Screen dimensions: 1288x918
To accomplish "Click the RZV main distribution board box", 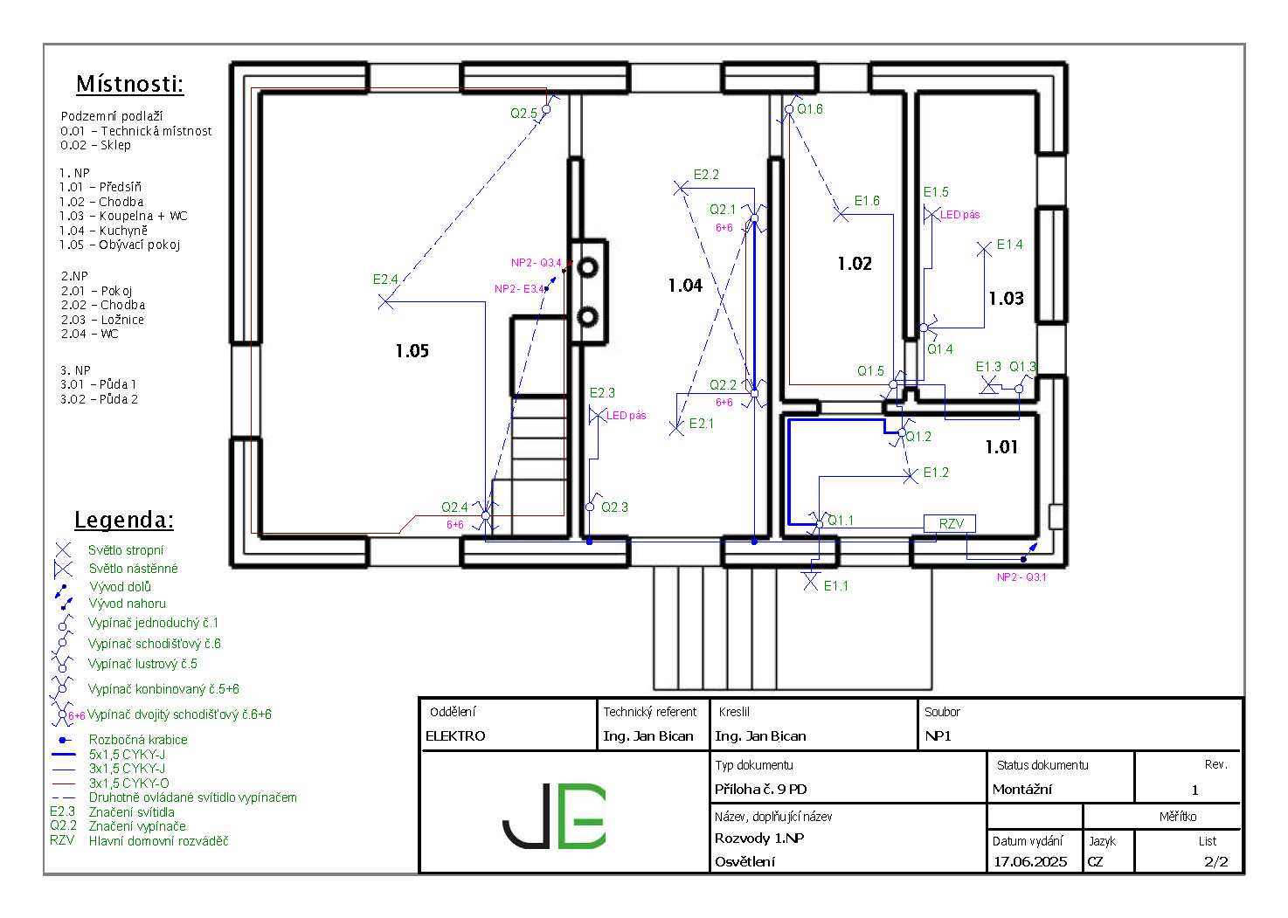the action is [949, 524].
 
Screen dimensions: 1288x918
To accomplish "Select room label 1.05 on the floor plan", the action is [412, 350].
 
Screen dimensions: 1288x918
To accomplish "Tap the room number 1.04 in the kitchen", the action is [685, 285].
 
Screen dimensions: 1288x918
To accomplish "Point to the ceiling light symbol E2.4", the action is [385, 301].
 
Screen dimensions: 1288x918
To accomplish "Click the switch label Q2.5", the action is [523, 114].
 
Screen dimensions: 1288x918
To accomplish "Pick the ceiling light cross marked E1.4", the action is [984, 249].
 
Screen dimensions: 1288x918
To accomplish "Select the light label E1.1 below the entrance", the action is [835, 586].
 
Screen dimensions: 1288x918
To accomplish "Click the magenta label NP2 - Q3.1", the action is [1021, 577].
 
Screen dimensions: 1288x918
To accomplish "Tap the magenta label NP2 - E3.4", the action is [519, 288].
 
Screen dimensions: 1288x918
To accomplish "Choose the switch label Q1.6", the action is [810, 108].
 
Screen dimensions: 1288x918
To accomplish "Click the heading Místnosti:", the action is [130, 84].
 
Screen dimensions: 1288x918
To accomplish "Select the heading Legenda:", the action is [123, 520].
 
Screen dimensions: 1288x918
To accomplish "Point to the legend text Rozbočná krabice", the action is [138, 739].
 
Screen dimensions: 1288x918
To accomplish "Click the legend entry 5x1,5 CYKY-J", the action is [127, 754].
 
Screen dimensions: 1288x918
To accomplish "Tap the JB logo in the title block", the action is [554, 816].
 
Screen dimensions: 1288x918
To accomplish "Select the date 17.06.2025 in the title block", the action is [1030, 862].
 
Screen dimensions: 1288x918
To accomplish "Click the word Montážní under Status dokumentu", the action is [1021, 790].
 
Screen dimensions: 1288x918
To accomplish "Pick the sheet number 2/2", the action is [1215, 862].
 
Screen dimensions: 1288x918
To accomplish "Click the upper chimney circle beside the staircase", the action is [587, 267].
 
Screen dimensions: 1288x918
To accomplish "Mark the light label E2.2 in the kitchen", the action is [706, 174].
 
